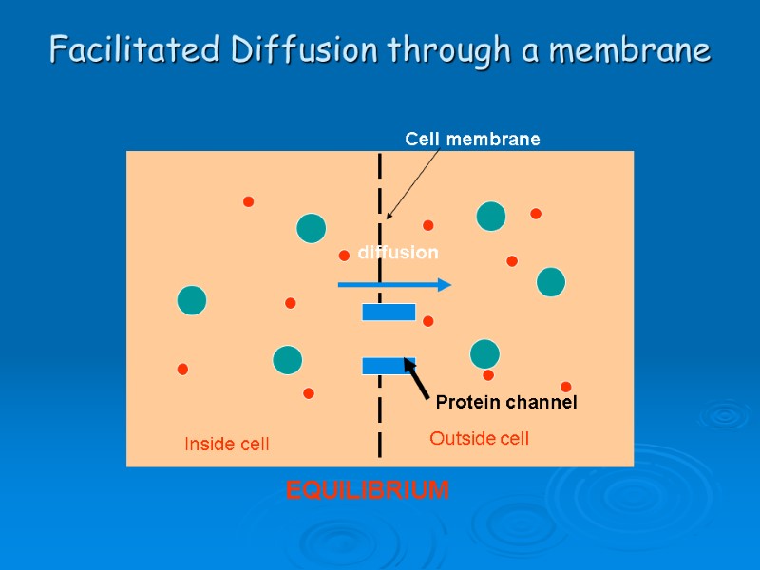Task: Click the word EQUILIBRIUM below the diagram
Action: click(x=368, y=490)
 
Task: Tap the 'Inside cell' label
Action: click(x=226, y=444)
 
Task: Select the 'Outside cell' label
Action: click(x=479, y=438)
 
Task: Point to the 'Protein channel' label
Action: click(x=506, y=403)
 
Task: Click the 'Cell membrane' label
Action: click(x=472, y=140)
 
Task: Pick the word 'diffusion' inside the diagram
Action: click(x=398, y=253)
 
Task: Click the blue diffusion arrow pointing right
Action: click(x=394, y=284)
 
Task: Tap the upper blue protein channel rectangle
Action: click(x=389, y=312)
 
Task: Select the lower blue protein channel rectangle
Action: click(x=389, y=366)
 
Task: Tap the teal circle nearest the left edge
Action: click(x=192, y=300)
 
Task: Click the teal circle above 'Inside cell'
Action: click(x=287, y=360)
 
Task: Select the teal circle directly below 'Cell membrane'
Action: click(x=491, y=217)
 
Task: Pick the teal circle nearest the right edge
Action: click(x=551, y=282)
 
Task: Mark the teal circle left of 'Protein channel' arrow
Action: click(x=484, y=354)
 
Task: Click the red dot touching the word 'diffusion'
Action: click(x=344, y=256)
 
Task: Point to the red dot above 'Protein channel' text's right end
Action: click(x=566, y=387)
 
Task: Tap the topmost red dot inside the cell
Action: click(x=248, y=201)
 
